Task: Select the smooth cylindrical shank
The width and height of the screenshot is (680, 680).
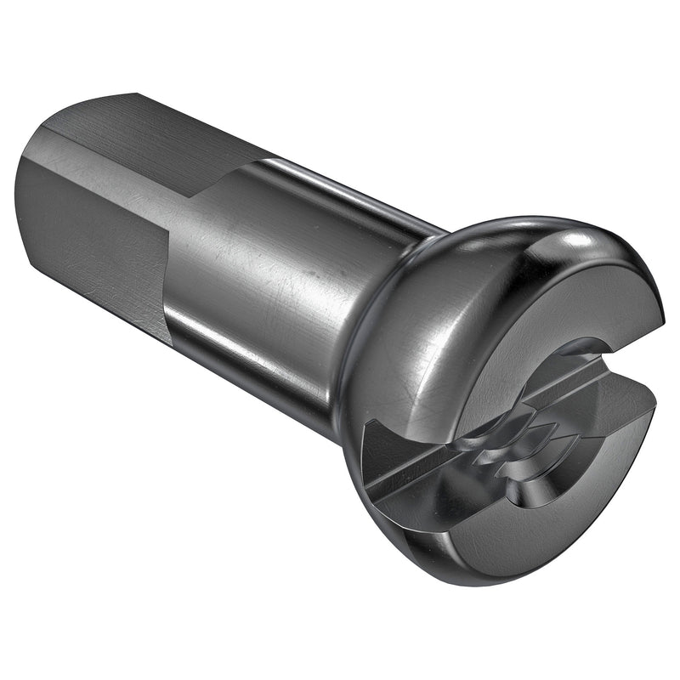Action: point(272,272)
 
